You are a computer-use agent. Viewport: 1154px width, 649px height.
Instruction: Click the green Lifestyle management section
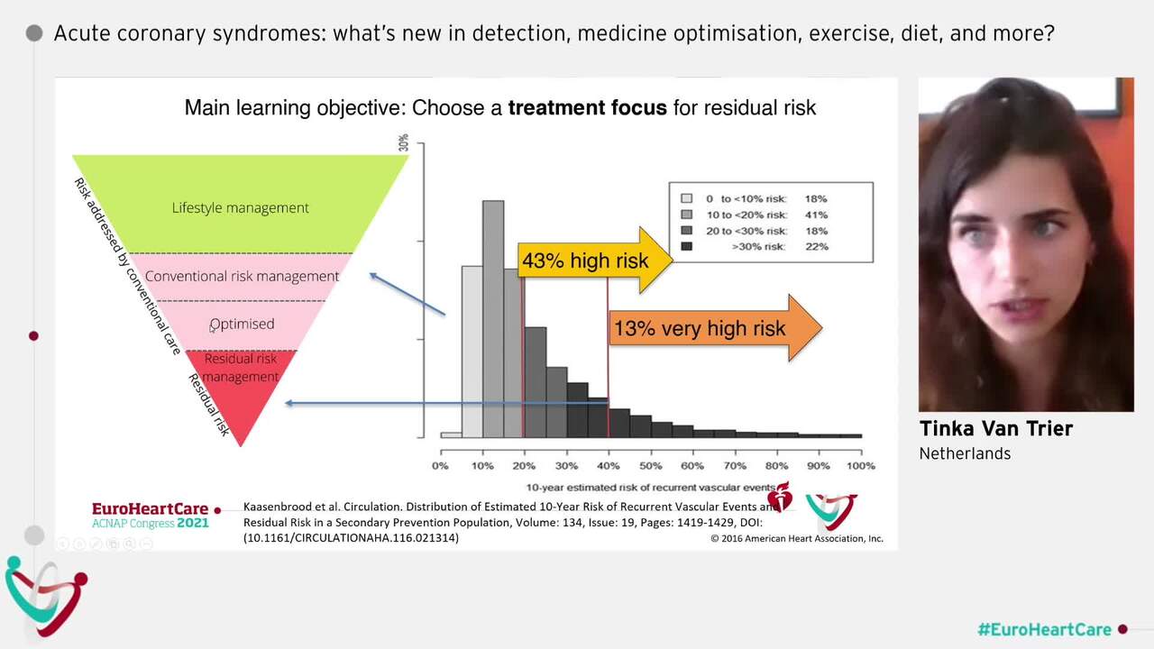pyautogui.click(x=240, y=207)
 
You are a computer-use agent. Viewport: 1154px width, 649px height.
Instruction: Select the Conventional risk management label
pyautogui.click(x=242, y=276)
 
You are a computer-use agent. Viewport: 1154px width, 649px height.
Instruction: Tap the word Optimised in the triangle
pyautogui.click(x=242, y=324)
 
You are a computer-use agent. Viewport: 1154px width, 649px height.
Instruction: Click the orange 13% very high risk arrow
pyautogui.click(x=712, y=328)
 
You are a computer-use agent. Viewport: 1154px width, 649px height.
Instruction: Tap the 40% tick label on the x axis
pyautogui.click(x=608, y=466)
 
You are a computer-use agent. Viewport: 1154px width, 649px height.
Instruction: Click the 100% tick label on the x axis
pyautogui.click(x=860, y=466)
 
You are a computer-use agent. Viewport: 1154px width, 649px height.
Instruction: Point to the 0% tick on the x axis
pyautogui.click(x=440, y=466)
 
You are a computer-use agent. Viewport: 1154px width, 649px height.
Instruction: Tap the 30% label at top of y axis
pyautogui.click(x=404, y=142)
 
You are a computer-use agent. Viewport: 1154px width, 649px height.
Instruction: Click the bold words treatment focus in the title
pyautogui.click(x=587, y=108)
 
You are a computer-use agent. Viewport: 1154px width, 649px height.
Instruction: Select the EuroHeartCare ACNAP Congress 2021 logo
pyautogui.click(x=151, y=516)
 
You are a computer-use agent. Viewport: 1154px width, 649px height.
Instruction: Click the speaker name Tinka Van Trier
pyautogui.click(x=995, y=429)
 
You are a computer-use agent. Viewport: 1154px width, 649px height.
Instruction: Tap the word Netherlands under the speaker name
pyautogui.click(x=965, y=453)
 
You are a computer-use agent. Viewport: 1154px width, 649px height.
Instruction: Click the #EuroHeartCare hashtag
pyautogui.click(x=1044, y=629)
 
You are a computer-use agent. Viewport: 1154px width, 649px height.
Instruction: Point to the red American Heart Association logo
pyautogui.click(x=779, y=498)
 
